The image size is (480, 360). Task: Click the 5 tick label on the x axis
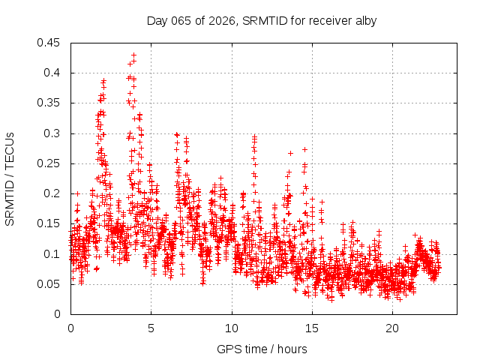click(x=151, y=328)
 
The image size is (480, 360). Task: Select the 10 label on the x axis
click(x=231, y=328)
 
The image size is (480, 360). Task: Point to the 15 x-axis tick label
click(x=312, y=328)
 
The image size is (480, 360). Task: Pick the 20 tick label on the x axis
click(x=392, y=328)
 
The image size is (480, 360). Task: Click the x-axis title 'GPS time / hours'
click(x=262, y=349)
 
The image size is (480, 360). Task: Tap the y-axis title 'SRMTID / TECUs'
click(x=10, y=178)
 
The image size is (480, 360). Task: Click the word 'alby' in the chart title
click(x=364, y=20)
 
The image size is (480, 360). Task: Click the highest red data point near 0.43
click(x=134, y=55)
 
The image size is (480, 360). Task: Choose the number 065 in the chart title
click(x=181, y=20)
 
